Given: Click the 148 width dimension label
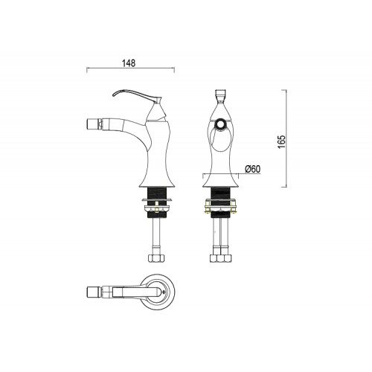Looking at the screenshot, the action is [x=129, y=63].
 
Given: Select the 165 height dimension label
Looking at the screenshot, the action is [x=282, y=142].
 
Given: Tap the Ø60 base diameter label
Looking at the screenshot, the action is [x=253, y=169].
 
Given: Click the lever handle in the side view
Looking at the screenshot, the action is [x=136, y=95].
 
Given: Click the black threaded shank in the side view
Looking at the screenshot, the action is [x=156, y=193].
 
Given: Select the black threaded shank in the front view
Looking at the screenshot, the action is [x=220, y=193].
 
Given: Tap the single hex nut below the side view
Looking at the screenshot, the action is [x=156, y=258].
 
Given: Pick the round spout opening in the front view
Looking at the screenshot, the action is [x=220, y=124].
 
